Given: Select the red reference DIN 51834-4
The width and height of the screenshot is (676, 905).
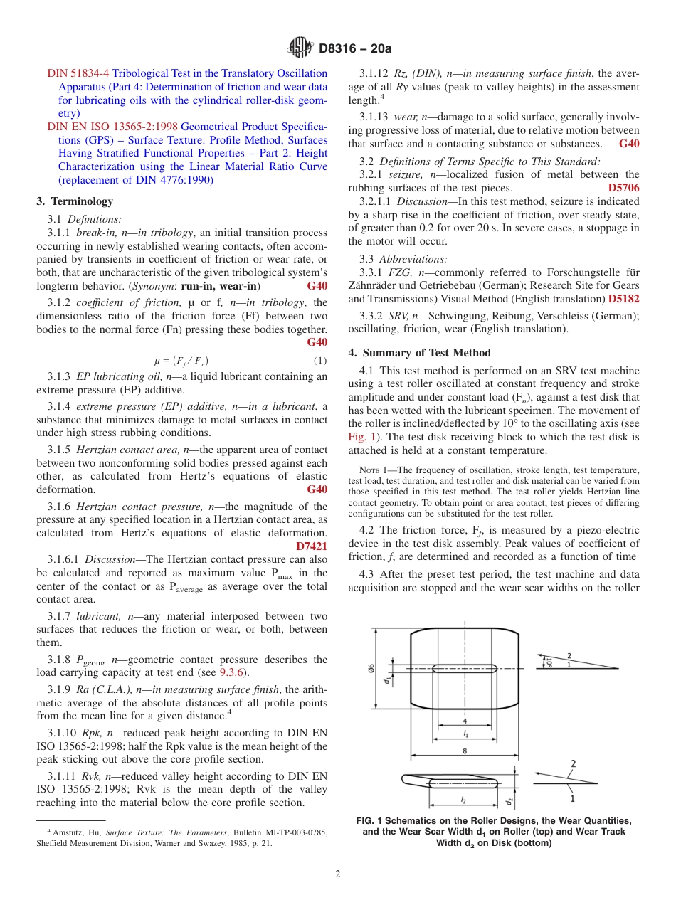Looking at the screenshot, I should pos(78,73).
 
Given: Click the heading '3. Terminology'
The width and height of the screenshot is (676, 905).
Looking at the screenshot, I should pos(74,201).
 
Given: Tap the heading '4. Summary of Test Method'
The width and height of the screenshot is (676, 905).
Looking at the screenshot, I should pos(419,353).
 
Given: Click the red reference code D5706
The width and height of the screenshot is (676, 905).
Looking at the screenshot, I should pos(623,188).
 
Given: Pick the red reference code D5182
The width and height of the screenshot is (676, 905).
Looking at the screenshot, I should pos(623,299).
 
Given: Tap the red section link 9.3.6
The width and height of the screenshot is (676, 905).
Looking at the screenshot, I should pos(231,673).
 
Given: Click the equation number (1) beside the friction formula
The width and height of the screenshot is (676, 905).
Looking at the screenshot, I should pos(321,360).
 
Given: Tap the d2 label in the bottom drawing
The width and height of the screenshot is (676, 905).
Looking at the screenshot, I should pos(509,801).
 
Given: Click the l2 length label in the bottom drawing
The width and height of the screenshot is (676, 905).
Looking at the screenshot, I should pos(463,800).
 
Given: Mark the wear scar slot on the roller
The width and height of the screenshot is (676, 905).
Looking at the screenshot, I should pos(465,668).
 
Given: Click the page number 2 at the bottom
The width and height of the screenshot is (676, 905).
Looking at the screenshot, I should pos(338,874).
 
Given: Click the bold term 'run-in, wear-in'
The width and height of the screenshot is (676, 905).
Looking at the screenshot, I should pos(221,286).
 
